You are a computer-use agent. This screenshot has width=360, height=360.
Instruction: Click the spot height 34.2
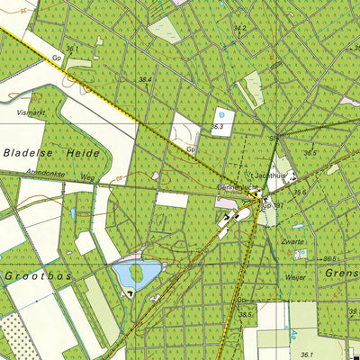[x=239, y=28]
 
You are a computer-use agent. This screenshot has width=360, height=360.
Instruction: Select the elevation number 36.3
[x=217, y=128]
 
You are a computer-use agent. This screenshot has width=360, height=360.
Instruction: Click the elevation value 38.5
[x=243, y=313]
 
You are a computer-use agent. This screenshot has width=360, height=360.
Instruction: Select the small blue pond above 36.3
[x=220, y=114]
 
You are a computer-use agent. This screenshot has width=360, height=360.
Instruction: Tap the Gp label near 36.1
[x=56, y=57]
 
